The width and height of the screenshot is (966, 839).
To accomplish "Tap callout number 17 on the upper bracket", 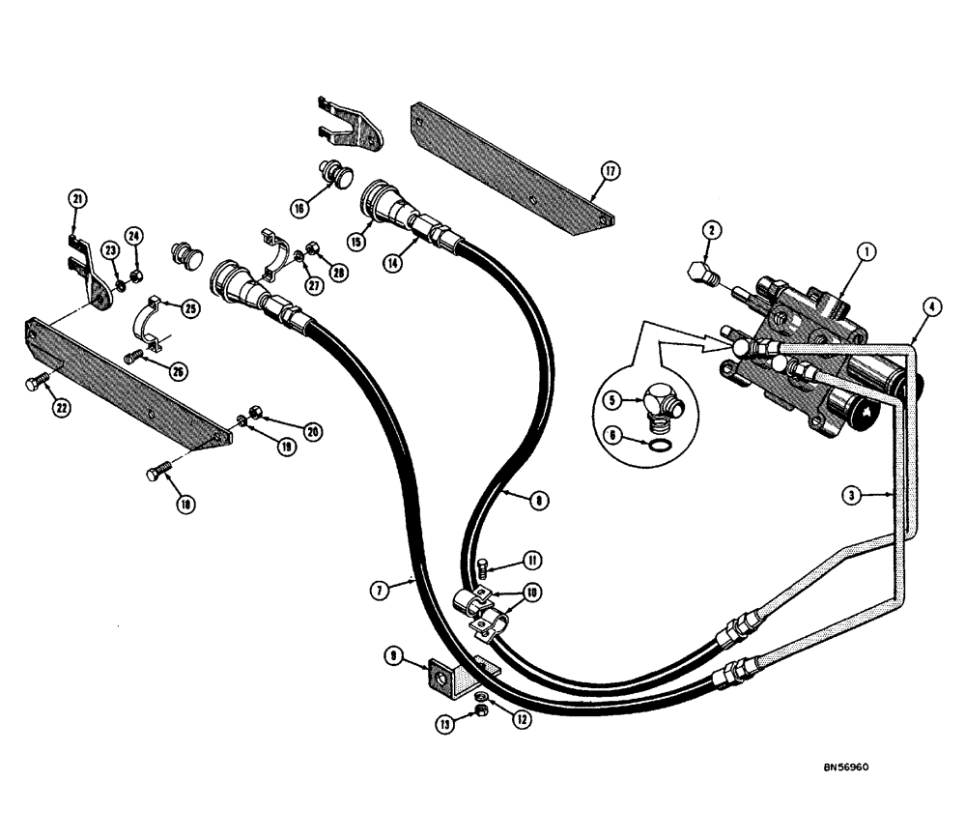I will pos(610,172).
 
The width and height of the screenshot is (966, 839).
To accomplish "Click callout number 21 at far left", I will pos(78,199).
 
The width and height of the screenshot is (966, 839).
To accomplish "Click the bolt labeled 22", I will pos(35,386).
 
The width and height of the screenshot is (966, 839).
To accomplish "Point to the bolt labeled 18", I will pos(158,475).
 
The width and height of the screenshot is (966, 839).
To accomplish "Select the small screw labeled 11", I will pos(486,566).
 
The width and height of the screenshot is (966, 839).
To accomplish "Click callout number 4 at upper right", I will pos(931,306).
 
